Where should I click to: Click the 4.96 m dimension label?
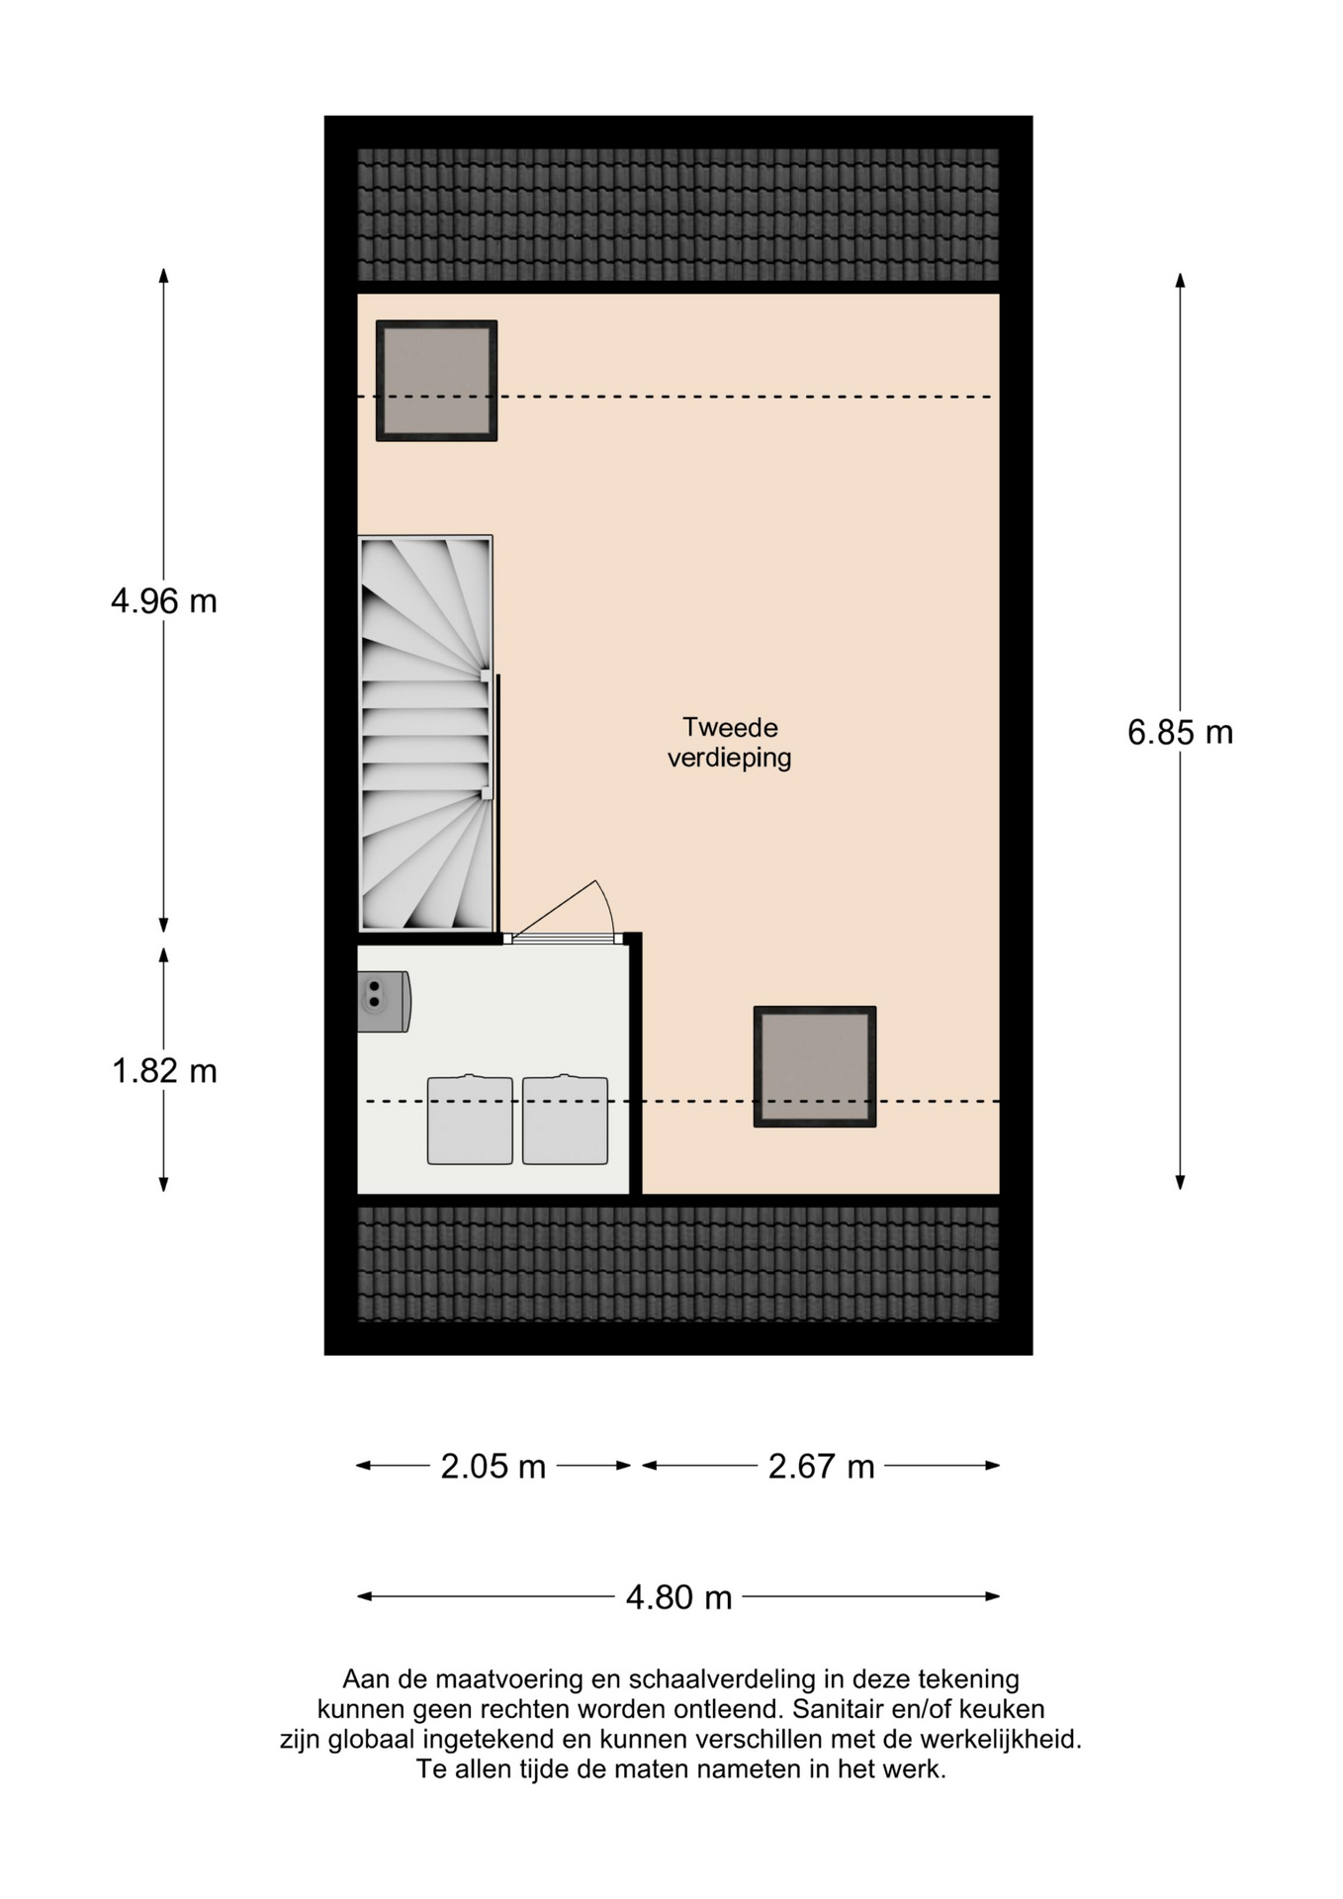coord(164,600)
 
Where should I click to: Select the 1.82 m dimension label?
coord(164,1071)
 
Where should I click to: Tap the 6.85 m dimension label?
coord(1180,732)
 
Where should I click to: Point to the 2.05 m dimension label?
coord(493,1466)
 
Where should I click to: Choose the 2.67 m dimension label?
coord(822,1466)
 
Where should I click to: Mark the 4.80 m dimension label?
coord(679,1596)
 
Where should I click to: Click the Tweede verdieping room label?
coord(730,743)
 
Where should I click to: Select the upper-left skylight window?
coord(436,381)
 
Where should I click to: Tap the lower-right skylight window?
coord(815,1066)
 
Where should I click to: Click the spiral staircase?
coord(425,733)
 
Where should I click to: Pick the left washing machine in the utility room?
coord(470,1120)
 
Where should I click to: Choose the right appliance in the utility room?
coord(565,1120)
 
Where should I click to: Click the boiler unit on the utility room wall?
coord(384,1002)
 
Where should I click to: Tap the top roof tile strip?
coord(678,215)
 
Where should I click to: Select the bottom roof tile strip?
coord(678,1263)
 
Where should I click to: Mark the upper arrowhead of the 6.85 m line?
coord(1180,281)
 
